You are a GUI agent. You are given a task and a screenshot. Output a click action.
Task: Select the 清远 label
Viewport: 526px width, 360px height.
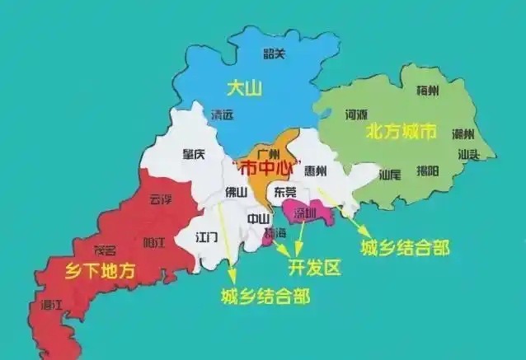223,115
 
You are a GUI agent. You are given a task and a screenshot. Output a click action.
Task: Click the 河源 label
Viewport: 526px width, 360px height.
356,115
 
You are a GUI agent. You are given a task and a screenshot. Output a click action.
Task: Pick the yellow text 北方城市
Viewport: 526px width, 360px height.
401,132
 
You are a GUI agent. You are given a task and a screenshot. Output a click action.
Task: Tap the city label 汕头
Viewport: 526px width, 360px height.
469,154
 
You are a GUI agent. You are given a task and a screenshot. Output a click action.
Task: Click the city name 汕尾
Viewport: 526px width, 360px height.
389,175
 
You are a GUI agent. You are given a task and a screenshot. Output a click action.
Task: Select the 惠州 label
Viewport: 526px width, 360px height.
316,171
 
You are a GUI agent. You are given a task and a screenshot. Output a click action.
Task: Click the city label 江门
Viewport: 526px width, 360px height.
207,236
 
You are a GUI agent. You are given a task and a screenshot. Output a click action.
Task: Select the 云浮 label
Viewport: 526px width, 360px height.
162,199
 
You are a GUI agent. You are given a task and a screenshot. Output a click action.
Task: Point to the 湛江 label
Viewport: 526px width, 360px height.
51,305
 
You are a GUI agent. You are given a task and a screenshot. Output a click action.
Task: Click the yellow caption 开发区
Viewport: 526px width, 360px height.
312,269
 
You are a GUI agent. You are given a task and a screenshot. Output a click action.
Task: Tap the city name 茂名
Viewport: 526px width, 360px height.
104,250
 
